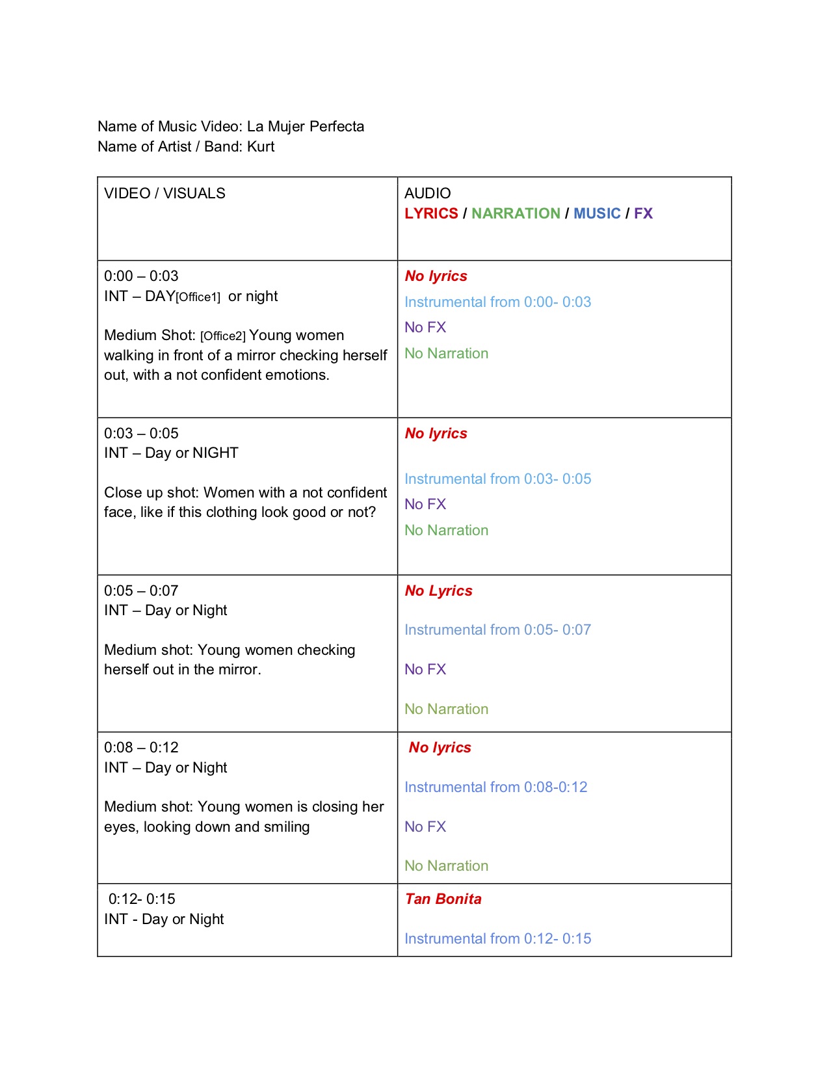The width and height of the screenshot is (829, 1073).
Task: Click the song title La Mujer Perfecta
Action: tap(306, 126)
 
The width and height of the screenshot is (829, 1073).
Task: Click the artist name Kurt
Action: tap(261, 146)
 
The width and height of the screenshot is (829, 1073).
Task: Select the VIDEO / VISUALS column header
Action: tap(164, 193)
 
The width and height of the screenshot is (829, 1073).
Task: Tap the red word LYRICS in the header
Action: tap(431, 213)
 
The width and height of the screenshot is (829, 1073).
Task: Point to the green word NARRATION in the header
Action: tap(516, 213)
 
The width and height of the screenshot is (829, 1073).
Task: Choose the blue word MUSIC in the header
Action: tap(597, 213)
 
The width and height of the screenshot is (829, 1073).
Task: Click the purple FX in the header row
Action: tap(643, 213)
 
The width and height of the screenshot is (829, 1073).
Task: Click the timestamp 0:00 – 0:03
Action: tap(141, 276)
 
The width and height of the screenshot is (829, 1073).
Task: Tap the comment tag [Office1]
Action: tap(198, 297)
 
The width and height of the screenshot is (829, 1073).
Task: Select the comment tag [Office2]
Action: tap(223, 336)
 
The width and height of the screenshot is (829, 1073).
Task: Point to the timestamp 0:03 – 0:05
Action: tap(141, 433)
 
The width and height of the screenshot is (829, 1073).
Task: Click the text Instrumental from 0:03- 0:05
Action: tap(497, 479)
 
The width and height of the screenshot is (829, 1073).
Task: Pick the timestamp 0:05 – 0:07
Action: tap(141, 590)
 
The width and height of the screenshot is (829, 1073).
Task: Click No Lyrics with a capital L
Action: tap(438, 590)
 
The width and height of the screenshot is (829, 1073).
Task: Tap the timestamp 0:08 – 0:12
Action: tap(141, 747)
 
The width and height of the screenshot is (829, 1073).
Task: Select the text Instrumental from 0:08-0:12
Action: tap(495, 787)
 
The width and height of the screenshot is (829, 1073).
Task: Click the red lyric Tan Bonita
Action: tap(443, 899)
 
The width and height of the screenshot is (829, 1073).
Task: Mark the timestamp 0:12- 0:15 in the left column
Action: tap(142, 899)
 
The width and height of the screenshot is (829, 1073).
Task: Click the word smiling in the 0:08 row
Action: tap(287, 827)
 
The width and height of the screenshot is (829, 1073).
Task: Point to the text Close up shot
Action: tap(151, 492)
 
